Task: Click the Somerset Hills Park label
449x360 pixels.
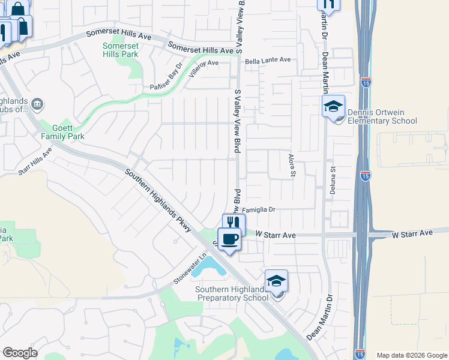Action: [120, 50]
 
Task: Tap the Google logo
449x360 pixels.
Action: [20, 353]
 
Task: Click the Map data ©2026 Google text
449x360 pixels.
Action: [411, 355]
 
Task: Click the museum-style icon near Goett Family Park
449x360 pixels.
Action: [38, 105]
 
